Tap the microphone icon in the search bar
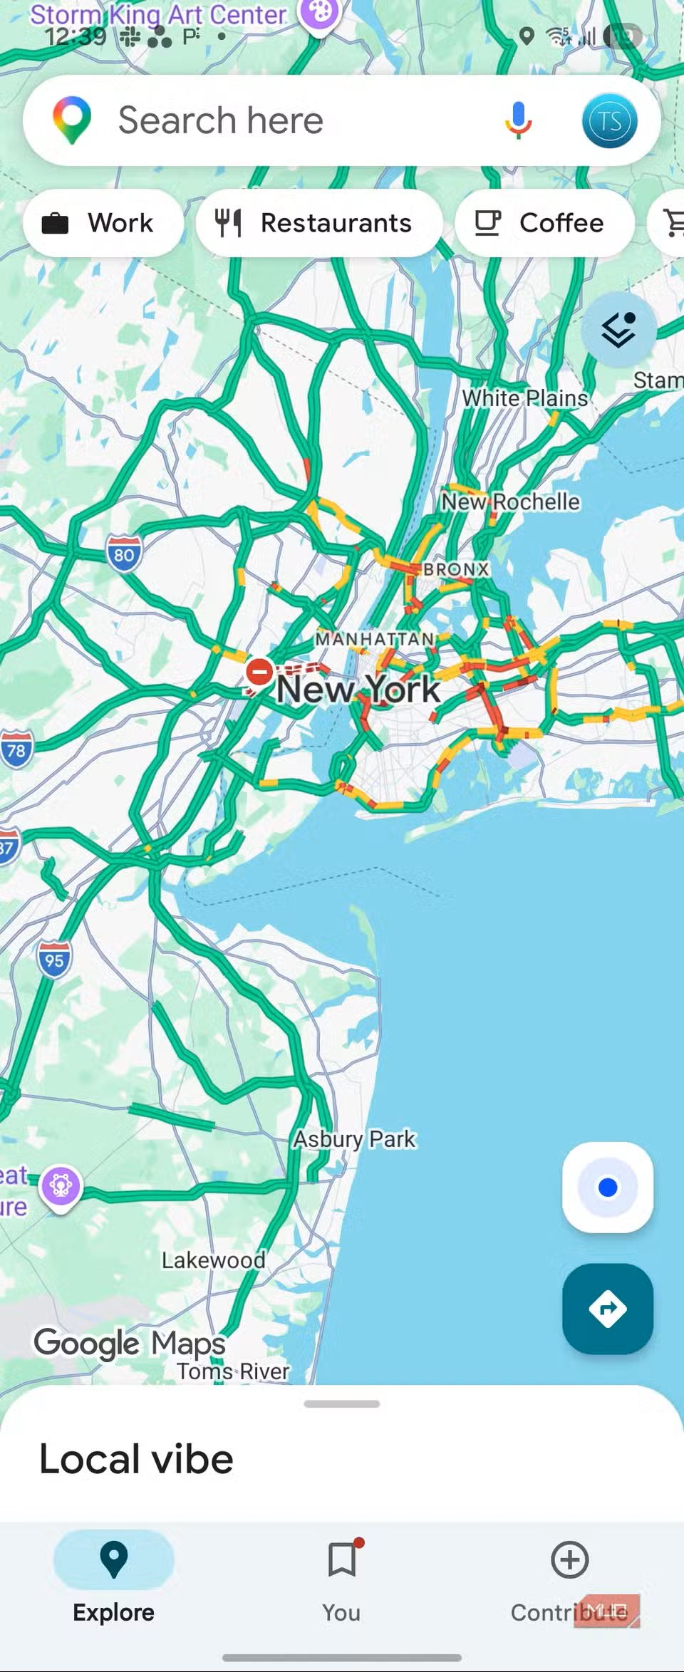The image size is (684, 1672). click(x=518, y=120)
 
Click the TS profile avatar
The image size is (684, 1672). click(x=609, y=120)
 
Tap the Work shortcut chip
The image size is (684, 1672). click(x=103, y=223)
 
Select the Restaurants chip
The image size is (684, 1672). click(x=318, y=223)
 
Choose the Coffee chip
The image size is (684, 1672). click(x=544, y=223)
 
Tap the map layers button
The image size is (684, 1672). click(x=618, y=329)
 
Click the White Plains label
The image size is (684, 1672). click(x=525, y=398)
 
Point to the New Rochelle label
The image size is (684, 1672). click(x=510, y=502)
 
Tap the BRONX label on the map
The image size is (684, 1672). click(x=456, y=569)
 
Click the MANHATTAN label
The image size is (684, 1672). click(x=375, y=639)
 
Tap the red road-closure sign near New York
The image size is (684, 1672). click(x=259, y=671)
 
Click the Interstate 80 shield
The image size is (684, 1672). click(x=124, y=554)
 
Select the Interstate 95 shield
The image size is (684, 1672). click(x=54, y=959)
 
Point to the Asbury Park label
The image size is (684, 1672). click(x=354, y=1138)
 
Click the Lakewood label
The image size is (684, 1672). click(x=213, y=1260)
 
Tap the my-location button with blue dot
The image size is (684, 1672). click(x=607, y=1188)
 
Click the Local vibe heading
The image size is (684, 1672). click(x=136, y=1459)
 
